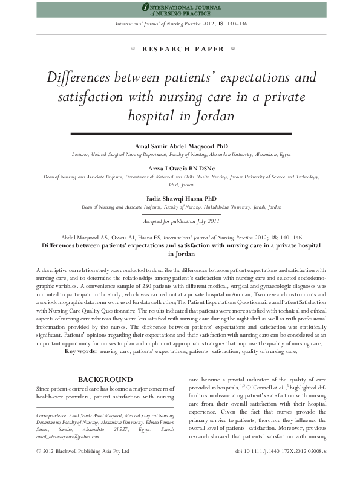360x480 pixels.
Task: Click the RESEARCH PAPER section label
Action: [180, 49]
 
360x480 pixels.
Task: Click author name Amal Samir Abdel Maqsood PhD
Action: [180, 146]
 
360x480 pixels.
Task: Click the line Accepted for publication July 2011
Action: [180, 222]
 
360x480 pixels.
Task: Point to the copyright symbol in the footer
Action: [39, 452]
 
